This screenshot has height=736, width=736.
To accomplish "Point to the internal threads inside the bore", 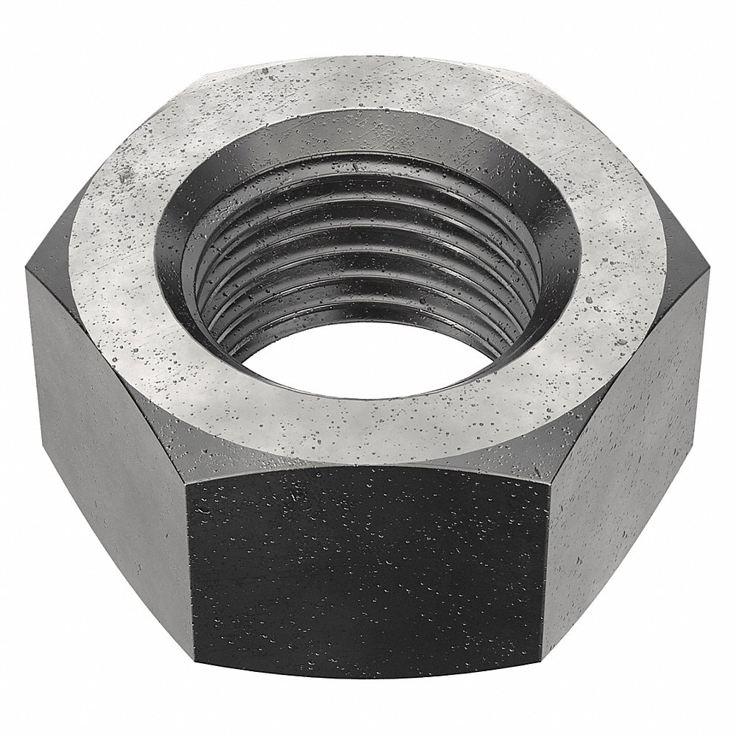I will coord(353,280).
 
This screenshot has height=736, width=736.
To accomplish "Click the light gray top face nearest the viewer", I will coord(368,423).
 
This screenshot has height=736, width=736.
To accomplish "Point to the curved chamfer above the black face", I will coord(368,460).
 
